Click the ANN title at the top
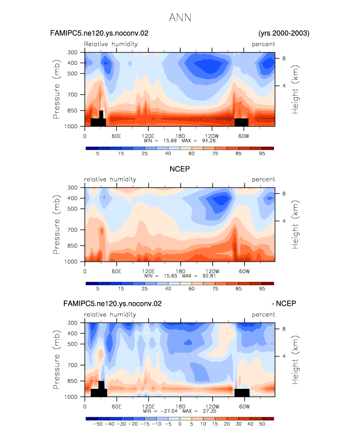[x=180, y=18]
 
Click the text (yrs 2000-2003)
[x=284, y=33]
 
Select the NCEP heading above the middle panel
[x=180, y=169]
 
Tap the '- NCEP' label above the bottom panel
[x=284, y=303]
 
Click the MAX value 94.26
[x=209, y=141]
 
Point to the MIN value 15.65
[x=170, y=276]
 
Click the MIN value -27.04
[x=169, y=411]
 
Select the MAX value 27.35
[x=210, y=411]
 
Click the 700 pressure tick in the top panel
[x=72, y=95]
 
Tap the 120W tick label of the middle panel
[x=212, y=272]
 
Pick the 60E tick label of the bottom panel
[x=116, y=407]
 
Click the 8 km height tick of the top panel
[x=284, y=58]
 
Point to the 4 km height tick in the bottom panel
[x=284, y=356]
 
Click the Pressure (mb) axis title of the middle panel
[x=56, y=224]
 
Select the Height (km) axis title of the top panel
[x=295, y=89]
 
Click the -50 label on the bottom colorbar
[x=98, y=424]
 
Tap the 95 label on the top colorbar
[x=262, y=154]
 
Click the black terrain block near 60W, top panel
[x=242, y=122]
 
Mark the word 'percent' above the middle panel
[x=263, y=180]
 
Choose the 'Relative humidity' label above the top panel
[x=111, y=44]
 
